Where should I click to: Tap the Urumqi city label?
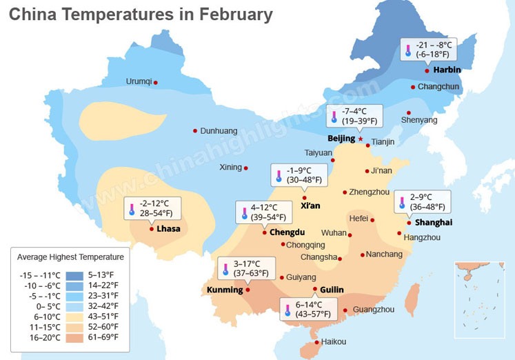(139, 81)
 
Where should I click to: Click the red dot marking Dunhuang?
(195, 130)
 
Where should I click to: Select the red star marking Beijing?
(360, 139)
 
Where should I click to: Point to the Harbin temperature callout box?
(438, 50)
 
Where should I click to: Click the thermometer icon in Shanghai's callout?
(403, 202)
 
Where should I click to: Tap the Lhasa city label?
(168, 228)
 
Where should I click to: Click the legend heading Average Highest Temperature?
(70, 257)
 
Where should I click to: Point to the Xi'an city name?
(310, 206)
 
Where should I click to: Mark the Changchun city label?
(438, 87)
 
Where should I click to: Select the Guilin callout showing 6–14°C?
(308, 309)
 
